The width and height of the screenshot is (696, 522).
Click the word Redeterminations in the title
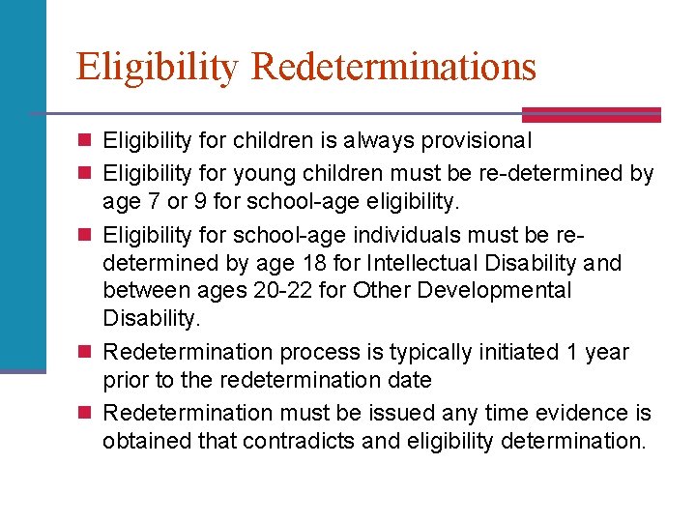(393, 67)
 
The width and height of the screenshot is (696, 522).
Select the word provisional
(478, 141)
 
